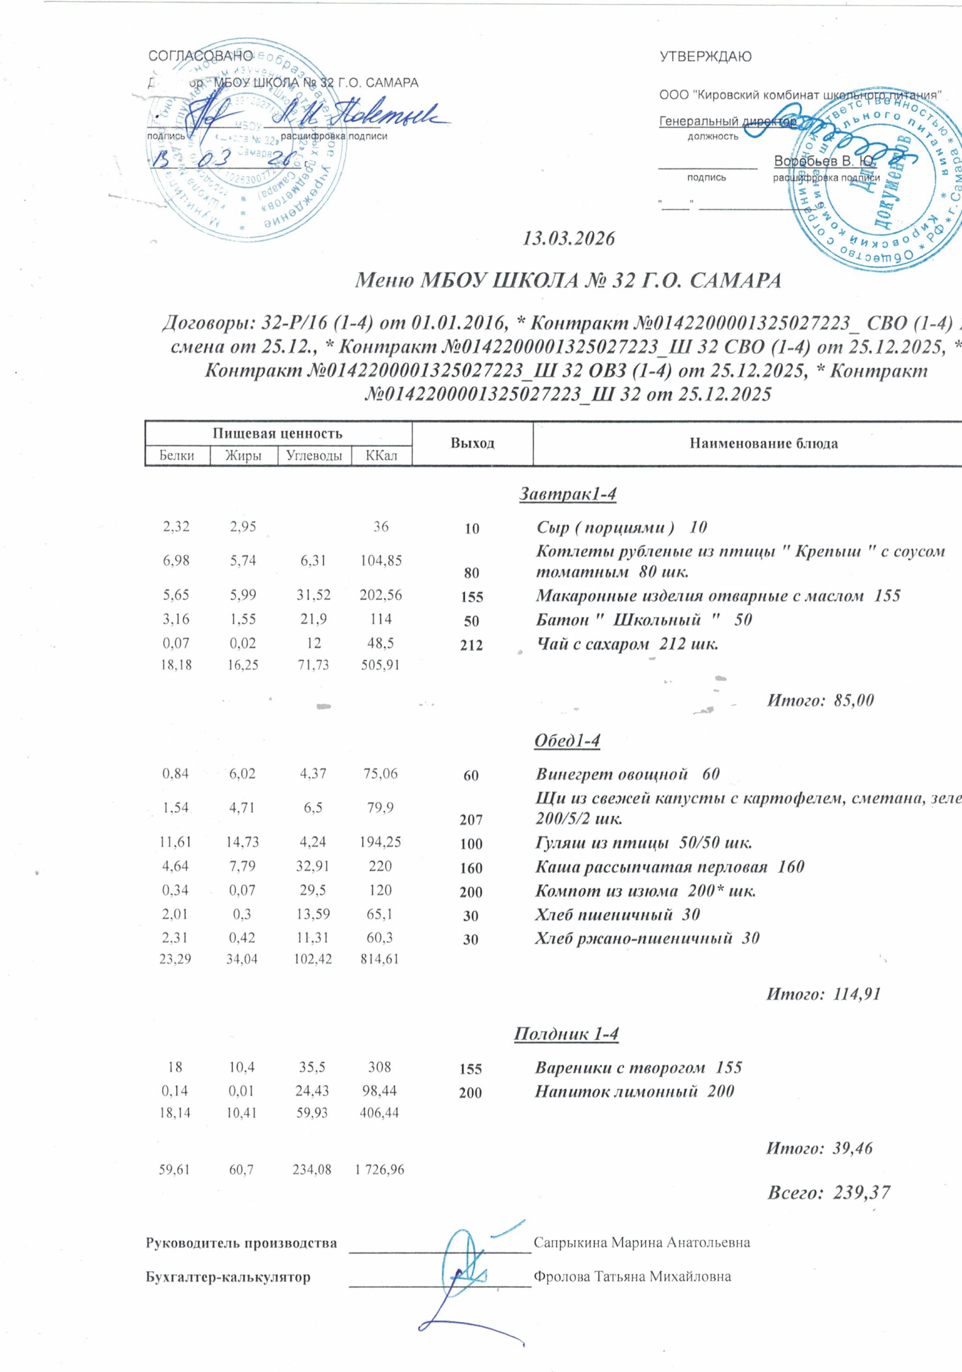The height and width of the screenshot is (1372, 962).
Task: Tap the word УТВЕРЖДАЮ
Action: [x=705, y=57]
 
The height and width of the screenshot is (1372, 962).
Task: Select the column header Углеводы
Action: [x=314, y=456]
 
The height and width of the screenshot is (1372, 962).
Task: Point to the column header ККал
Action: [x=381, y=456]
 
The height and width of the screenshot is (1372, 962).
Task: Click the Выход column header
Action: [x=472, y=443]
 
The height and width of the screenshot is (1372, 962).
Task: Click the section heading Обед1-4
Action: [x=566, y=741]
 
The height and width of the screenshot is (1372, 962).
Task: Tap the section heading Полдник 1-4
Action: [x=566, y=1034]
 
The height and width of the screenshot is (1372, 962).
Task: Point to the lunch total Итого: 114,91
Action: [x=823, y=994]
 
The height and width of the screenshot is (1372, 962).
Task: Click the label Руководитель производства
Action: [x=241, y=1243]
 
